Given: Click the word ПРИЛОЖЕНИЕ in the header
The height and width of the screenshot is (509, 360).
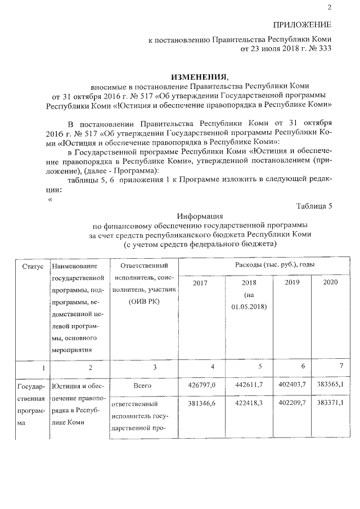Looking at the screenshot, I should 302,25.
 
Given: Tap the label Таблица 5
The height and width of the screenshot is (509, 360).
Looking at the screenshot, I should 314,205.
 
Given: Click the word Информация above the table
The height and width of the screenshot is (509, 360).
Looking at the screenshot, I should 200,215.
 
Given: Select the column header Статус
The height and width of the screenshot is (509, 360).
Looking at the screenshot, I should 31,265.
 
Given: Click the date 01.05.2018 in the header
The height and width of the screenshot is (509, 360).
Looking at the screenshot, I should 249,307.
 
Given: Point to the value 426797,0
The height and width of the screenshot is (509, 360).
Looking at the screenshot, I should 201,384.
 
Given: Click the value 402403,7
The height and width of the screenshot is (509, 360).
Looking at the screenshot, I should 292,384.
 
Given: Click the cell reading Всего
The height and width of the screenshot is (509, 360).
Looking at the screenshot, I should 144,385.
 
